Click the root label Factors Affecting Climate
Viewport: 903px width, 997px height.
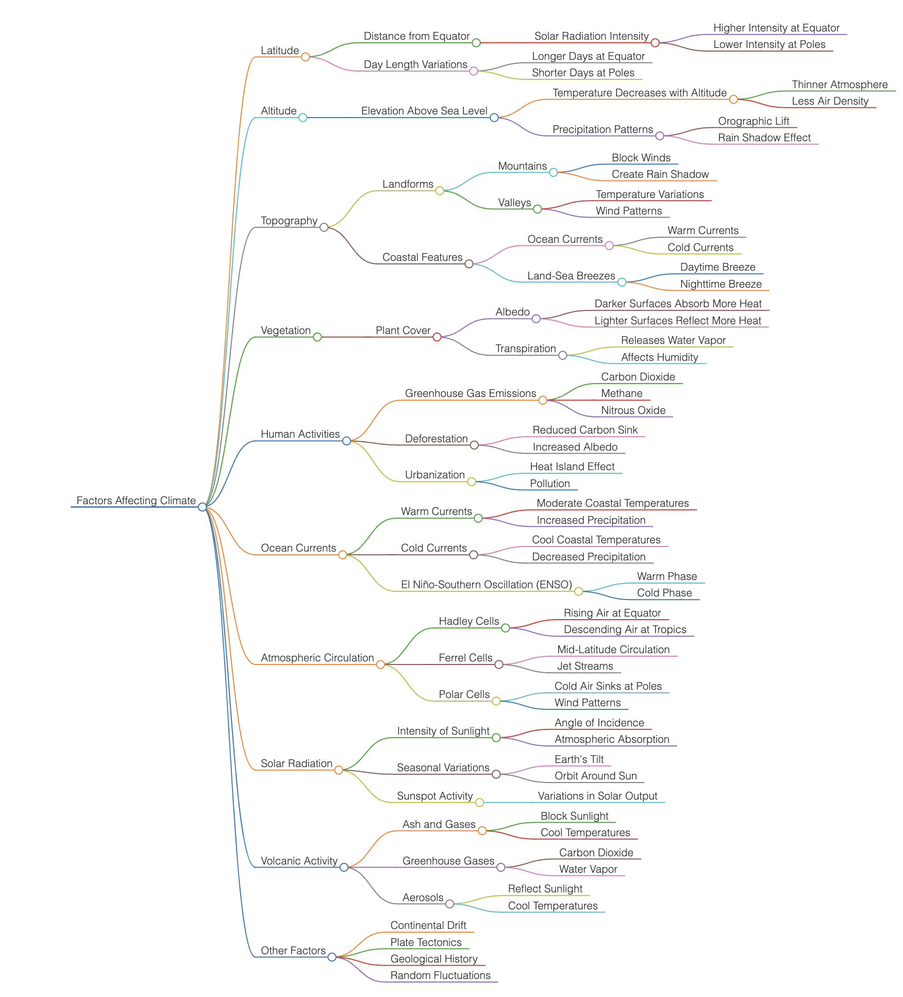pyautogui.click(x=136, y=501)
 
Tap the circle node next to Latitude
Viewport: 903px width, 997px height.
pyautogui.click(x=305, y=57)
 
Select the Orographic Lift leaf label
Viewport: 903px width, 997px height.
pyautogui.click(x=754, y=121)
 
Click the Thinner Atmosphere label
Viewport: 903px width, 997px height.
pyautogui.click(x=840, y=85)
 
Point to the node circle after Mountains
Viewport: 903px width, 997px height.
pyautogui.click(x=553, y=172)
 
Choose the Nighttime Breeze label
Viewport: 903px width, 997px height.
pyautogui.click(x=721, y=284)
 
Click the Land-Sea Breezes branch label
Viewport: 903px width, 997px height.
pyautogui.click(x=571, y=276)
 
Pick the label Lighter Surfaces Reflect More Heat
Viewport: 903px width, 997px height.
pyautogui.click(x=677, y=321)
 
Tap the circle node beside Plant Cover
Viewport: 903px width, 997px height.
pyautogui.click(x=437, y=337)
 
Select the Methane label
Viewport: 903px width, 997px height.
pyautogui.click(x=622, y=393)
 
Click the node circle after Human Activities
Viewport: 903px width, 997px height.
pyautogui.click(x=346, y=441)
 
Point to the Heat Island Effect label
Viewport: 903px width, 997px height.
pyautogui.click(x=572, y=467)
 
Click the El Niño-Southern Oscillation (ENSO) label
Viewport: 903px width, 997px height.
pyautogui.click(x=486, y=585)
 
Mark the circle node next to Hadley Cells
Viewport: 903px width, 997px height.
pyautogui.click(x=506, y=628)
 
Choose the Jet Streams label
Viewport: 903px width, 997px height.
pyautogui.click(x=585, y=666)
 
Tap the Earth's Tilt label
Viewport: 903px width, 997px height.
pyautogui.click(x=579, y=759)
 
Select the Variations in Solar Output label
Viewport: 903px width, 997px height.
pyautogui.click(x=597, y=796)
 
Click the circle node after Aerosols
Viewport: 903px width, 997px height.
pyautogui.click(x=450, y=904)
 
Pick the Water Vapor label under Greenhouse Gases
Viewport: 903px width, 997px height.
pyautogui.click(x=588, y=869)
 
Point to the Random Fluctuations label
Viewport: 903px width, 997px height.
pyautogui.click(x=440, y=975)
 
